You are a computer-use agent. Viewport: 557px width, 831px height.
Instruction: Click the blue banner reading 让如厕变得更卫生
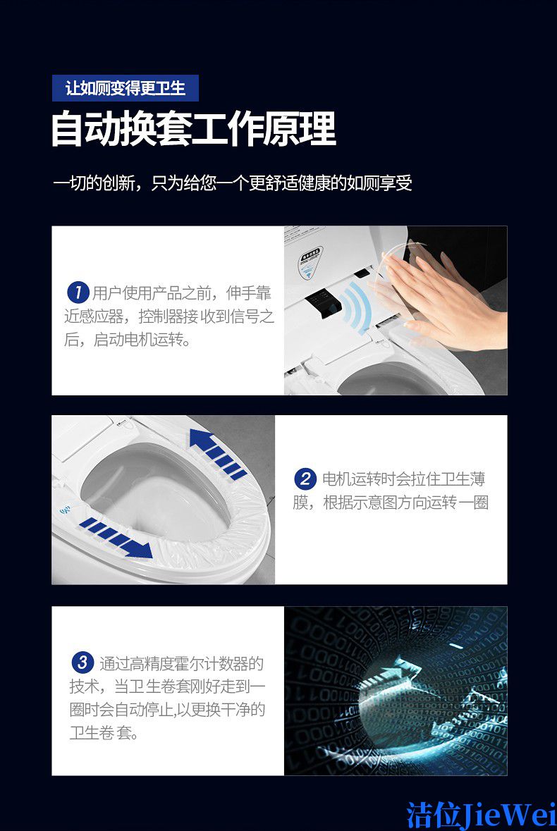click(125, 88)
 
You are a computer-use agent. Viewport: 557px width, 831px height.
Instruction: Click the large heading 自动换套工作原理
click(193, 129)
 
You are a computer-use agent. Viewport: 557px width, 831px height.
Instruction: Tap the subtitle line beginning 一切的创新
click(232, 183)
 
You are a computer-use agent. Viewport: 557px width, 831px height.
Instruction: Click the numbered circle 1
click(78, 292)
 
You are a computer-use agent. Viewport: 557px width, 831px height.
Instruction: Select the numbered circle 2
click(305, 479)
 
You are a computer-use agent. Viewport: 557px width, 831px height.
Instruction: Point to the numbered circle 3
click(82, 663)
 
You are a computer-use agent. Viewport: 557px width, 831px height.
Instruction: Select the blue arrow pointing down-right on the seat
click(116, 538)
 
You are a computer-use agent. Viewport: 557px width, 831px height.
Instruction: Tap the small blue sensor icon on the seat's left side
click(66, 511)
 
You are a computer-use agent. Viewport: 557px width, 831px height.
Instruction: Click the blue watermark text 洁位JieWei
click(482, 815)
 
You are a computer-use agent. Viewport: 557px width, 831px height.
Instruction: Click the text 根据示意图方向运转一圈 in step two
click(405, 503)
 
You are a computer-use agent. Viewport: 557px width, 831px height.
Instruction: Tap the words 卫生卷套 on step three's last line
click(101, 733)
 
